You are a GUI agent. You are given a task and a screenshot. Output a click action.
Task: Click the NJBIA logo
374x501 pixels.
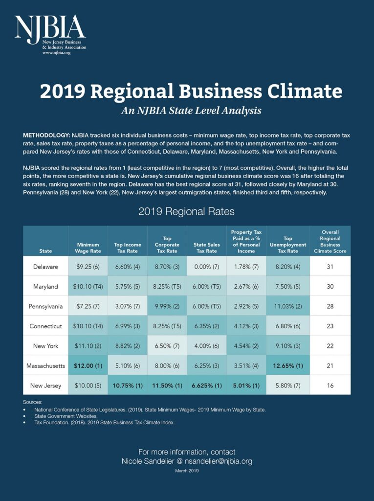[x=50, y=35]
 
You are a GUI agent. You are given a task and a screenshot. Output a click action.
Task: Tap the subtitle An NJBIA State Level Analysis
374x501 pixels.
[x=191, y=111]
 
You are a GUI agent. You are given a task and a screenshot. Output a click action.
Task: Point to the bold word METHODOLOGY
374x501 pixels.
[x=46, y=135]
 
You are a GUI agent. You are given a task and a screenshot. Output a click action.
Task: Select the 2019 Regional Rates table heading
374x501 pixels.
[x=187, y=211]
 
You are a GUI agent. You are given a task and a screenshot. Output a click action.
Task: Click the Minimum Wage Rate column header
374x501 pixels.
[x=88, y=248]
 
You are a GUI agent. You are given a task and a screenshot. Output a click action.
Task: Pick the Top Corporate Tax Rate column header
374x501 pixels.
[x=167, y=245]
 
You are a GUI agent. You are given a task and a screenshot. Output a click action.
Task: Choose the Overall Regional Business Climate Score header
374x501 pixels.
[x=330, y=242]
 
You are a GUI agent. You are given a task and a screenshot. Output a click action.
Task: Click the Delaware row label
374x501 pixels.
[x=45, y=267]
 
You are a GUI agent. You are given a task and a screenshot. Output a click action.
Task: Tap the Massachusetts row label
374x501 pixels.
[x=45, y=365]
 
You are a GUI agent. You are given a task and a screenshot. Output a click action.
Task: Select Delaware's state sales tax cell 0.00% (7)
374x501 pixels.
[x=207, y=267]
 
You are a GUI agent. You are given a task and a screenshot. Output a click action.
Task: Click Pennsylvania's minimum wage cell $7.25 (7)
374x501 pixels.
[x=88, y=306]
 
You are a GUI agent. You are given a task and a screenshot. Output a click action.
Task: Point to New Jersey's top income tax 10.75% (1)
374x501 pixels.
[x=128, y=386]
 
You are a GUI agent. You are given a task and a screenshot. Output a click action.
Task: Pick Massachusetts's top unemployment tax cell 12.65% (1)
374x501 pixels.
[x=288, y=365]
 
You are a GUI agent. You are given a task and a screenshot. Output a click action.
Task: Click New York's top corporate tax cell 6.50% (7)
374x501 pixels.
[x=167, y=346]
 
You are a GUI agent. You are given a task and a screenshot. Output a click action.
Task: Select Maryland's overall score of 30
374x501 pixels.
[x=330, y=286]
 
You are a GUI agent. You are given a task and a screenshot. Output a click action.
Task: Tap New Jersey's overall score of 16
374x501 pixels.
[x=330, y=386]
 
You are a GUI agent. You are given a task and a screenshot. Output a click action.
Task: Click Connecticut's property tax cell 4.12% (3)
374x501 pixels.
[x=246, y=326]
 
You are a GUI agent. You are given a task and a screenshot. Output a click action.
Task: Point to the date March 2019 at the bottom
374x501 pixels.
[x=187, y=471]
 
